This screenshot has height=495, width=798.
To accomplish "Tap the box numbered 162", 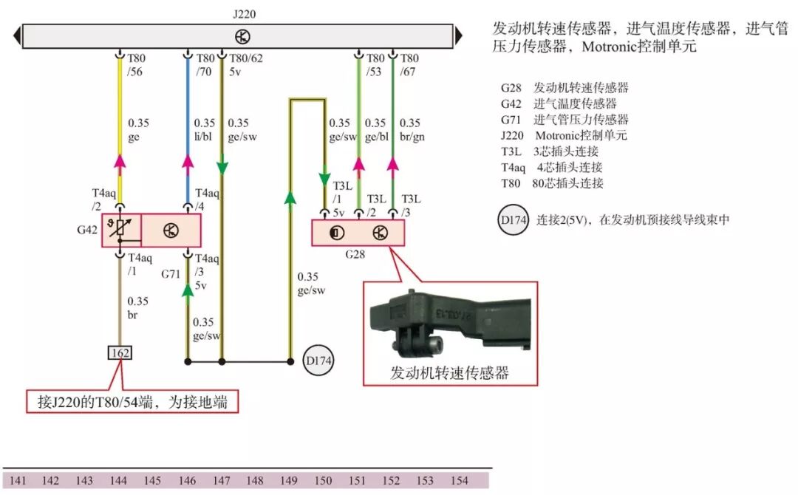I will [120, 353].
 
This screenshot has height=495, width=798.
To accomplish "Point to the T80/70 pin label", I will [206, 65].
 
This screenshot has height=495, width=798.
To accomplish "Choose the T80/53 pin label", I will [375, 65].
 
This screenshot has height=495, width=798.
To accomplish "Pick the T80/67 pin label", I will [410, 65].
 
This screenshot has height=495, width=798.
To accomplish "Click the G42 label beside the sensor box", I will [86, 230].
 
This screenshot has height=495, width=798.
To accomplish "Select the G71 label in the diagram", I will [171, 273].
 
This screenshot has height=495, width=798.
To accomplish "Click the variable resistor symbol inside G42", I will [121, 230].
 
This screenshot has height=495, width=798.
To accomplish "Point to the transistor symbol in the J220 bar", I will [241, 35].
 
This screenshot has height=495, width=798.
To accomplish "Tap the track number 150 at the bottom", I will [323, 481].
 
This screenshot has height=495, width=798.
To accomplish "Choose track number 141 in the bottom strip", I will [18, 481].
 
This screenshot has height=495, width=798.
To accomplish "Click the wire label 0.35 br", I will [139, 308].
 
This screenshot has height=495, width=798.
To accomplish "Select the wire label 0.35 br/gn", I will [410, 130].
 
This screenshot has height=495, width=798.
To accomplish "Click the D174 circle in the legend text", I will [513, 219].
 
